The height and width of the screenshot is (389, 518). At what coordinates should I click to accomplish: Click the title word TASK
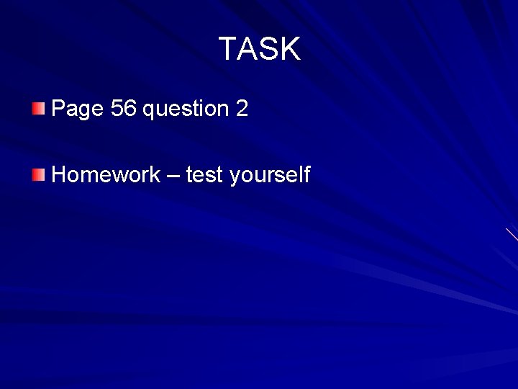[259, 49]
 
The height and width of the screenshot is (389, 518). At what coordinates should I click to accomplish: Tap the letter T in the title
[227, 49]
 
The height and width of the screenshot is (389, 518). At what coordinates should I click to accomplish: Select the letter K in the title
[289, 49]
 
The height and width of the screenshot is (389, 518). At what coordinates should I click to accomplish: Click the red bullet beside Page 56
[38, 109]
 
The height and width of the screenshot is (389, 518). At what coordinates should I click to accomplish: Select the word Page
[78, 109]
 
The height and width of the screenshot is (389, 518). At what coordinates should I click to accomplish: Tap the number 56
[124, 109]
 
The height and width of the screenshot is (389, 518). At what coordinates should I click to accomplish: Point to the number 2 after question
[242, 109]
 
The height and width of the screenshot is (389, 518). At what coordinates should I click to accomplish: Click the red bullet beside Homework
[38, 174]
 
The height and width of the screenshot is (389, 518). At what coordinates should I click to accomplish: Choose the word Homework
[106, 174]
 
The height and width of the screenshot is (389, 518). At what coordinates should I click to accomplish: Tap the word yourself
[269, 175]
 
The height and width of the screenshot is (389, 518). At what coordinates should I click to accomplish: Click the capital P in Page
[58, 109]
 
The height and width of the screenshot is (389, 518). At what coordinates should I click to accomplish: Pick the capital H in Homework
[60, 174]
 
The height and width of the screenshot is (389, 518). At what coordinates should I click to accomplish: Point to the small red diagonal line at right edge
[512, 234]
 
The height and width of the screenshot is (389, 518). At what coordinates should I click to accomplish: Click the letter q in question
[150, 111]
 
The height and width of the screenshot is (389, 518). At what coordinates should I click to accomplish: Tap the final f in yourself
[306, 174]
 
